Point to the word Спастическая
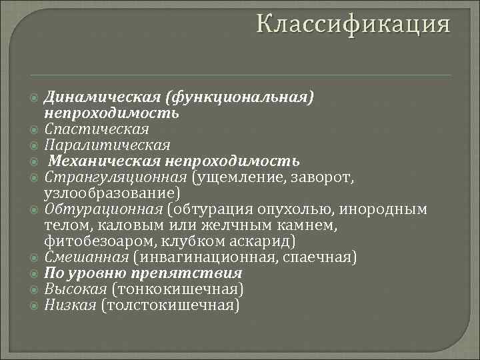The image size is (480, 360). [x=97, y=129]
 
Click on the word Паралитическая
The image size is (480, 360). [x=107, y=145]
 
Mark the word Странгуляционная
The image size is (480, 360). [x=116, y=177]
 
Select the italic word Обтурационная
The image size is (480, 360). [x=103, y=209]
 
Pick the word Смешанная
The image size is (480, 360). [x=87, y=257]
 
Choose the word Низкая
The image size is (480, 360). [x=69, y=305]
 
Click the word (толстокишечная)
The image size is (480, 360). [x=170, y=305]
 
